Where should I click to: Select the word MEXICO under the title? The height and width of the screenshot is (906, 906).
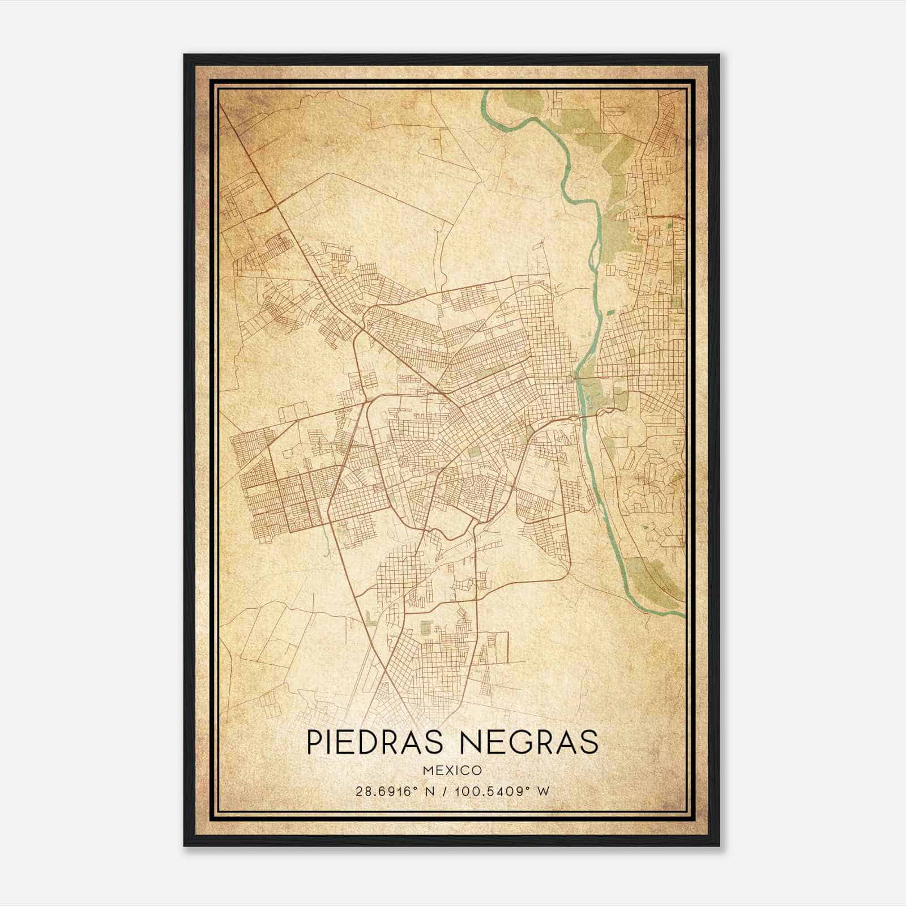[452, 770]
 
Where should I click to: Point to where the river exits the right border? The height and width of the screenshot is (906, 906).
[684, 615]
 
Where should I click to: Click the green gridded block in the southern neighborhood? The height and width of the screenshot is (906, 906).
[426, 627]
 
